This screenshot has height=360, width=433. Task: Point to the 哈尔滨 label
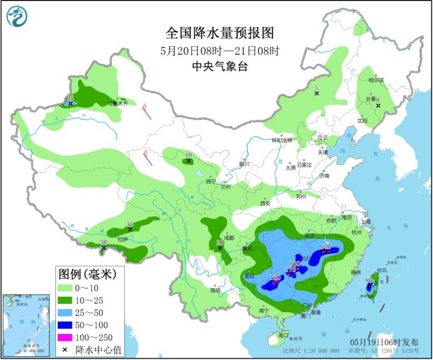point(376,80)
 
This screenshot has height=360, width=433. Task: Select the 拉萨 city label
point(123,239)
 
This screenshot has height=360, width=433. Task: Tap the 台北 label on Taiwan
point(381,270)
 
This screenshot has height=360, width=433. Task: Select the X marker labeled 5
point(317,94)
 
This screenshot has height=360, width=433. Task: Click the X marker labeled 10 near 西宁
point(188,161)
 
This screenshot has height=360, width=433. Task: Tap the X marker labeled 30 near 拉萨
point(104,249)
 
